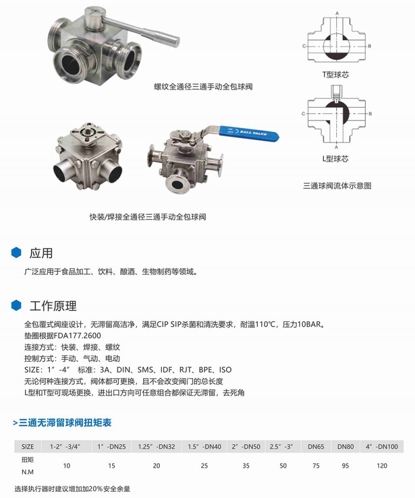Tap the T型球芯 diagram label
coord(336,75)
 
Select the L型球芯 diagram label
coord(335,159)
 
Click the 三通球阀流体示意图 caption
coord(337,186)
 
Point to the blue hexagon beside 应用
coord(16,253)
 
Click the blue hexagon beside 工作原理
coord(16,305)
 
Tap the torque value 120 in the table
coord(382,466)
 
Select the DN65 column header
coord(316,447)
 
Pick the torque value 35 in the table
coord(246,466)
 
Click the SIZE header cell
coord(27,447)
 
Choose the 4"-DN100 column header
coord(382,447)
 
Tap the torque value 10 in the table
coord(67,466)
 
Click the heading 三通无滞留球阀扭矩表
coord(62,423)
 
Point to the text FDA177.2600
coord(77,336)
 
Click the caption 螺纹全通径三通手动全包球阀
coord(203,87)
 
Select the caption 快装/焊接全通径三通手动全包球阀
coord(148,217)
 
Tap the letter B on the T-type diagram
coord(369,46)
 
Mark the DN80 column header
coord(345,447)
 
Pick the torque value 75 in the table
coord(316,466)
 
